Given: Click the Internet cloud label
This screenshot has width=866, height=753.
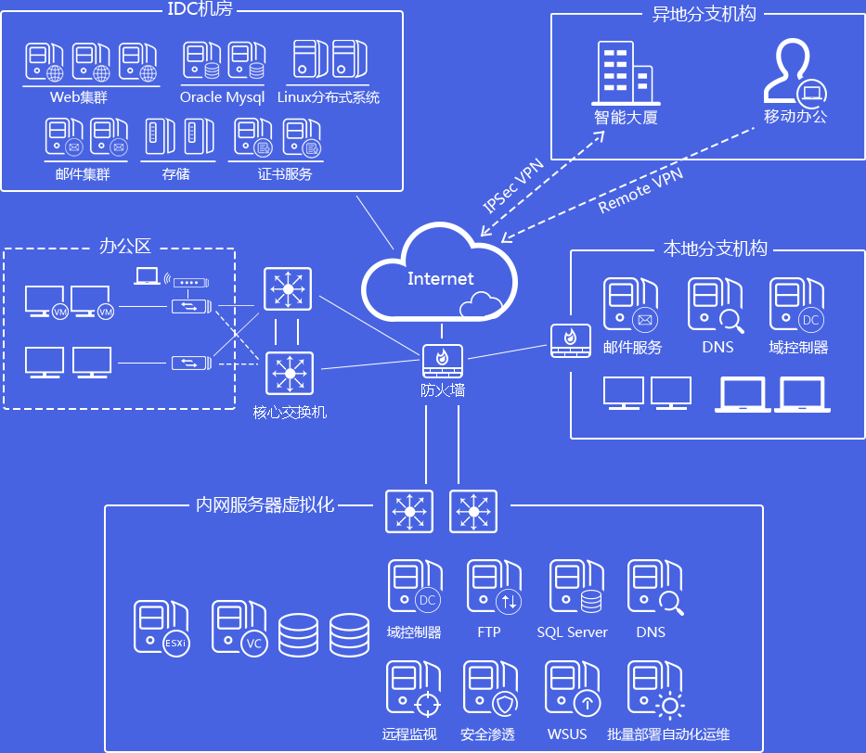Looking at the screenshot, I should coord(440,278).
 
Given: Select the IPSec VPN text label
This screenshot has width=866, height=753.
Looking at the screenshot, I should coord(513,186).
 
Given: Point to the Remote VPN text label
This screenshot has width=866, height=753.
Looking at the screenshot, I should coord(640,191).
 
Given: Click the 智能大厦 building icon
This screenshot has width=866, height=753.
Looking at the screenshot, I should coord(625,71).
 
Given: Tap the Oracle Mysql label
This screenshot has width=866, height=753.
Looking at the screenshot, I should coord(222,97).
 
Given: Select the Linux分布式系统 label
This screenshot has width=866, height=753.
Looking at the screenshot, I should coord(329,97).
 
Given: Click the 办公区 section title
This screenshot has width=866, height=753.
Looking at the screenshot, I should coord(124,247).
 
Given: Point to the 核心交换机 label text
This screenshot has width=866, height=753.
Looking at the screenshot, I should coord(290,411).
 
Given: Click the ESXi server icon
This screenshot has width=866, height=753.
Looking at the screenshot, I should coord(161,629).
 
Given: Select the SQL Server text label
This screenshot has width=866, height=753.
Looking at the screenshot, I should coord(572,632).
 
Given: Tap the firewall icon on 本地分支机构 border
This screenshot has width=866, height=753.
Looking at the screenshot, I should coord(570,340).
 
